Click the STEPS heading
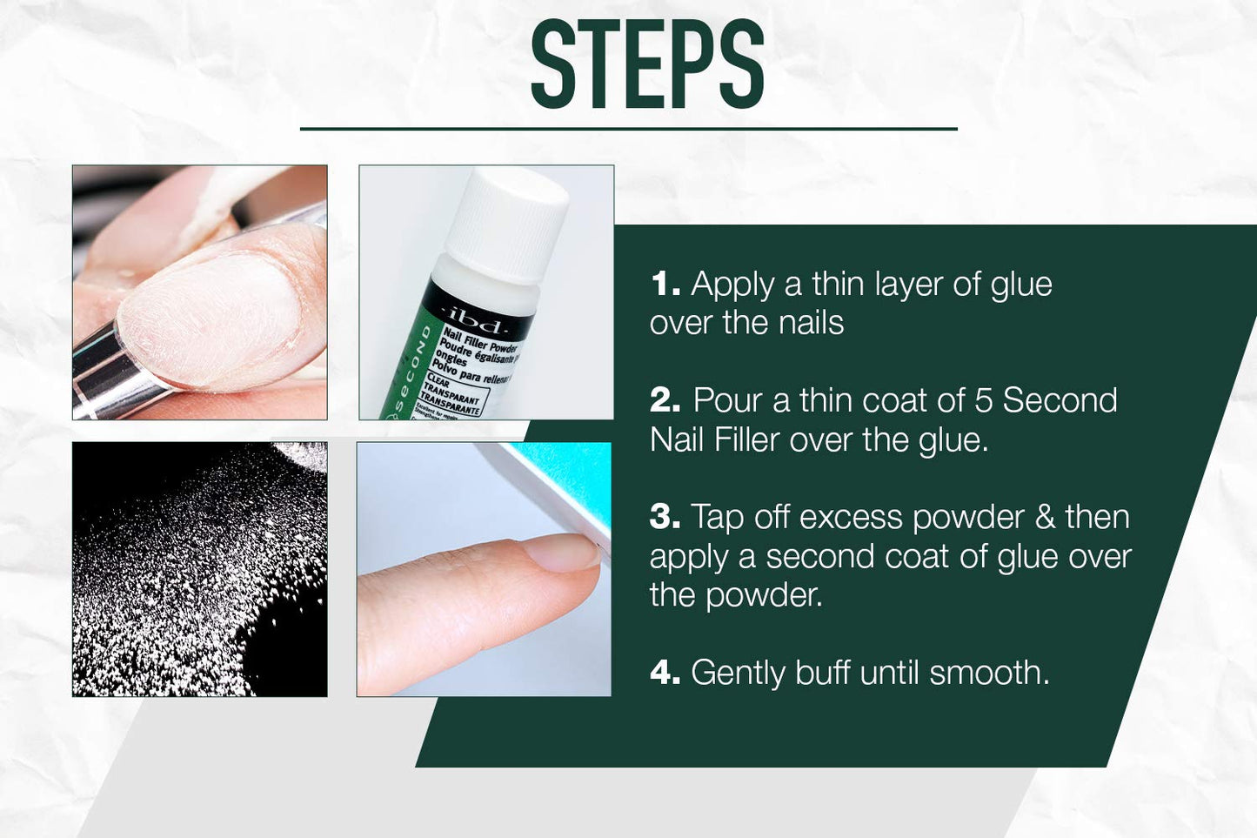(647, 65)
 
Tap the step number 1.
(665, 285)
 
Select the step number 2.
(665, 400)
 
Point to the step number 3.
(665, 517)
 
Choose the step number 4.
(665, 673)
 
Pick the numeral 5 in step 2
(983, 400)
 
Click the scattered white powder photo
(200, 569)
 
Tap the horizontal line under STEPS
(628, 129)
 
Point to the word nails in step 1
(811, 323)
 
